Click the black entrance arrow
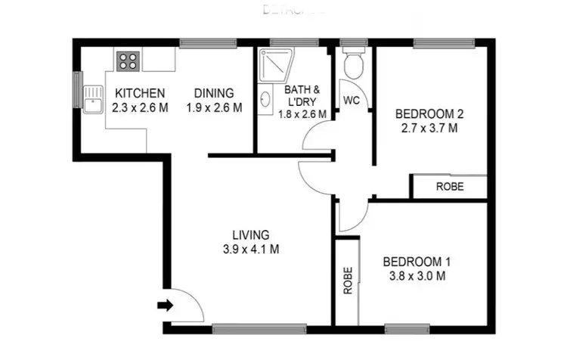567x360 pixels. point(164,306)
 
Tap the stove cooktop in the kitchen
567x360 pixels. point(127,61)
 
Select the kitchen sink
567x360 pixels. point(93,100)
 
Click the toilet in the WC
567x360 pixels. point(353,66)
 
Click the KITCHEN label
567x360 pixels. point(139,93)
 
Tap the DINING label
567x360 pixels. point(214,93)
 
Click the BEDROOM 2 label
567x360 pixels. point(429,114)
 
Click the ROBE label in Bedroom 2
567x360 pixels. point(451,186)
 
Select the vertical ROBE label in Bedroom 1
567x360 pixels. point(348,281)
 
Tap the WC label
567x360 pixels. point(351,100)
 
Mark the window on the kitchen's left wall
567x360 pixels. point(76,90)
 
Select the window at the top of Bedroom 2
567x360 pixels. point(444,43)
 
